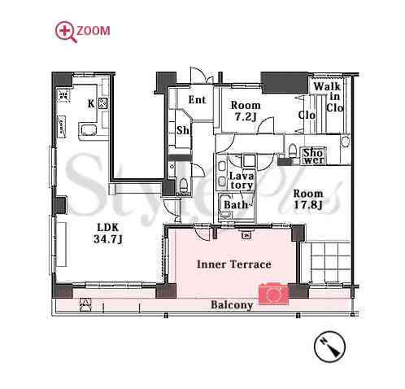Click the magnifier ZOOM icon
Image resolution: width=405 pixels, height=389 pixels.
tap(66, 32)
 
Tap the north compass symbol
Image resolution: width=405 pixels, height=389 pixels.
tap(329, 347)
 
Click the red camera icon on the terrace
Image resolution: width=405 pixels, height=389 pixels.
tap(274, 293)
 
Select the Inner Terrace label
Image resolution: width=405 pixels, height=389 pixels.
tap(234, 264)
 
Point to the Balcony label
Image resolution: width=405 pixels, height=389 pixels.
tap(232, 305)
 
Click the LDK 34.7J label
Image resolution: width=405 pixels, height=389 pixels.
tap(108, 233)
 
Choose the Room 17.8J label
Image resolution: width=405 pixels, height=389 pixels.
tap(308, 199)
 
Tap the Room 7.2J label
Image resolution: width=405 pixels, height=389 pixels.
tap(246, 111)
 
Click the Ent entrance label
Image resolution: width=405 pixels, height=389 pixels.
tap(197, 99)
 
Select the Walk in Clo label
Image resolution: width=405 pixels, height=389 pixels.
tap(331, 97)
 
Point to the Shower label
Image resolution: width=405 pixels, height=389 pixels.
tap(314, 156)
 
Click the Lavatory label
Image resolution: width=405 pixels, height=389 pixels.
tap(242, 181)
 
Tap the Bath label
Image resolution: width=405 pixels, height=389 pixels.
tap(236, 204)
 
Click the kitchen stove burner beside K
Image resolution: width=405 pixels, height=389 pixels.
tap(103, 103)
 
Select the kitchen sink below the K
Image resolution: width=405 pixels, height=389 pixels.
tap(87, 130)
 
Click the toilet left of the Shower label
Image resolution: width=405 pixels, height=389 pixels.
tap(292, 150)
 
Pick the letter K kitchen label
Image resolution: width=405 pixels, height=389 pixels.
tap(91, 103)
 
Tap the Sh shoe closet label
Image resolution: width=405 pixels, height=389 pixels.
tap(183, 130)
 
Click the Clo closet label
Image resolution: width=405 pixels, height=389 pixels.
tap(307, 116)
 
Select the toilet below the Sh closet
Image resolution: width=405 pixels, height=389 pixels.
tap(184, 185)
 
